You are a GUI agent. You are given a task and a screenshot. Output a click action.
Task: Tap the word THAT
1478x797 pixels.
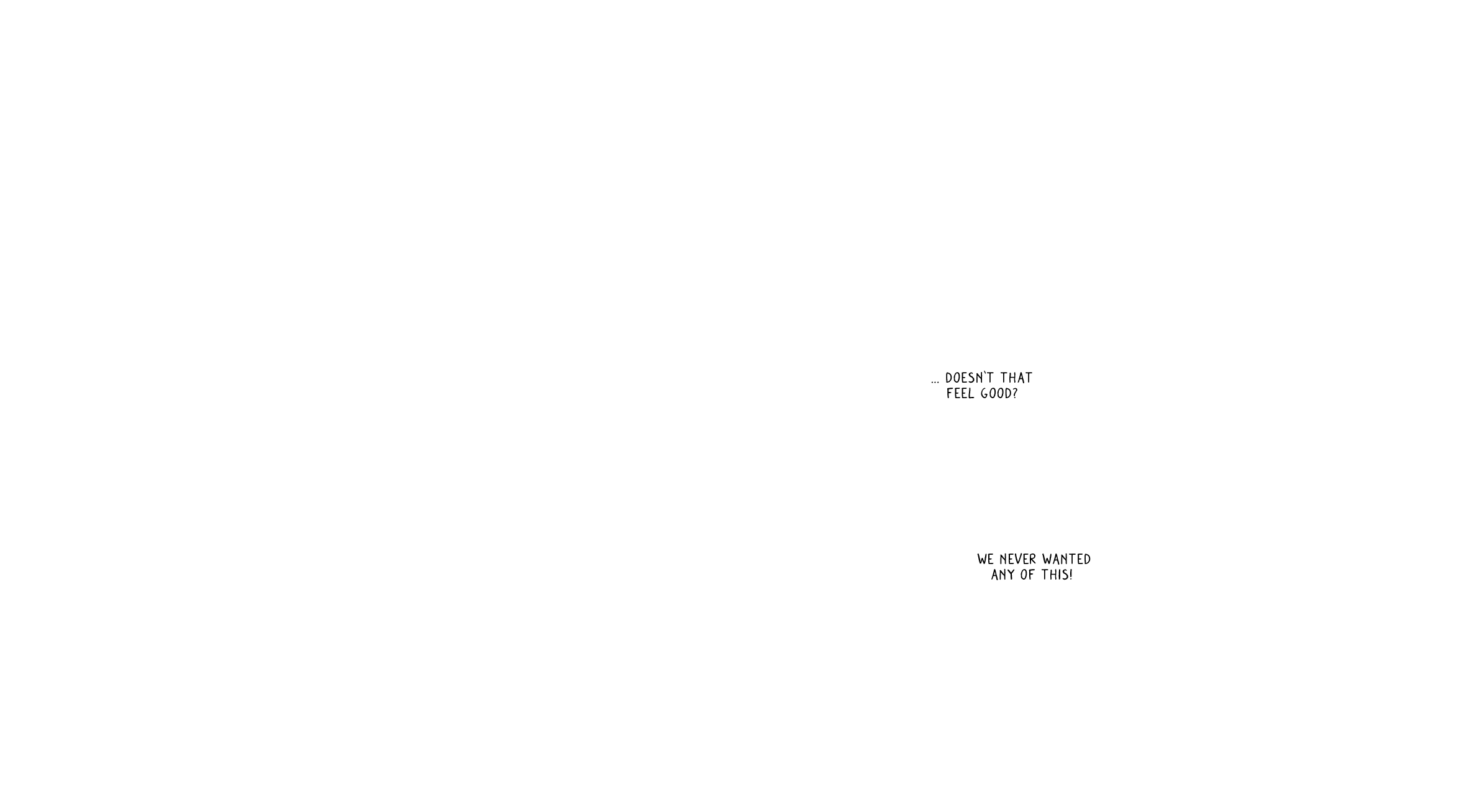tap(1016, 378)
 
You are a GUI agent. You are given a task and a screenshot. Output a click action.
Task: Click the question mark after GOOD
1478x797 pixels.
tap(1015, 393)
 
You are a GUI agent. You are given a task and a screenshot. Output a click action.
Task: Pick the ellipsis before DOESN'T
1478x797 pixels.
tap(935, 382)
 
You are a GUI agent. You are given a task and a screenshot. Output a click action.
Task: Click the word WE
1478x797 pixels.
tap(986, 559)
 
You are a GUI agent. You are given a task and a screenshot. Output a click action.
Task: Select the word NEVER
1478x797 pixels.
tap(1018, 559)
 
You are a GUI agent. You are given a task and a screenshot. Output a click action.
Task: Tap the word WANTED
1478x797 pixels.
tap(1066, 559)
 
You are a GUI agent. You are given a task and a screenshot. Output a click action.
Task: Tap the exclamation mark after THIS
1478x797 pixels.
tap(1071, 575)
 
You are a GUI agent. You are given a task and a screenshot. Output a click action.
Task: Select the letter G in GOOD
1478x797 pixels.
tap(985, 393)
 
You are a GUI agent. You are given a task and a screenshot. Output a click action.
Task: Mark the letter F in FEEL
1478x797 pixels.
tap(950, 393)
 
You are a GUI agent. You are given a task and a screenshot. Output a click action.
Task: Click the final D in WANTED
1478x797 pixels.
tap(1087, 559)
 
